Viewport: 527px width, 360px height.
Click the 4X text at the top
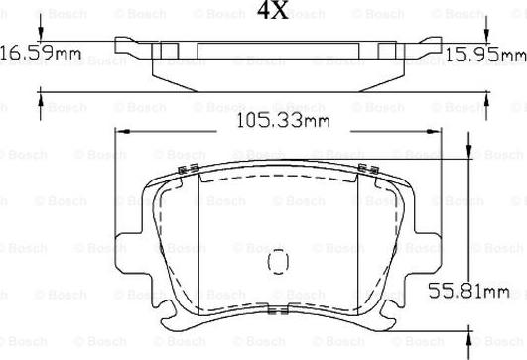pos(273,12)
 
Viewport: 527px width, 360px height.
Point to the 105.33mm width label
pos(287,122)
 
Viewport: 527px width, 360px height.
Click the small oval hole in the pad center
pos(279,262)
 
